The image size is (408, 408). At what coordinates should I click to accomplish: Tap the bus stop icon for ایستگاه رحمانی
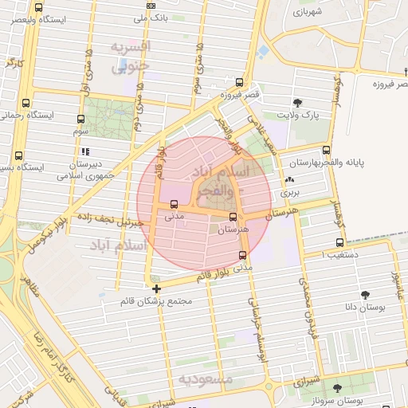(26, 103)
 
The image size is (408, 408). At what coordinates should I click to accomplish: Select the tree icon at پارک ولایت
(297, 102)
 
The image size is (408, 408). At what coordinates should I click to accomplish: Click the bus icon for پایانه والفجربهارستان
(326, 150)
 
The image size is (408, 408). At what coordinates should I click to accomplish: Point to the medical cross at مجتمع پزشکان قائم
(156, 288)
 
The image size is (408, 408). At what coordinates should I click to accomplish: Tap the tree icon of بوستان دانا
(366, 293)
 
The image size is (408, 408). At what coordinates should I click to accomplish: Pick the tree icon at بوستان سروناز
(338, 387)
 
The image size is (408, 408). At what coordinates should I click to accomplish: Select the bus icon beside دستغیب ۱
(339, 242)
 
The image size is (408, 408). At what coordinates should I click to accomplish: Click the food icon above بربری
(289, 181)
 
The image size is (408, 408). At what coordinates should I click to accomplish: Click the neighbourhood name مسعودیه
(206, 379)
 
